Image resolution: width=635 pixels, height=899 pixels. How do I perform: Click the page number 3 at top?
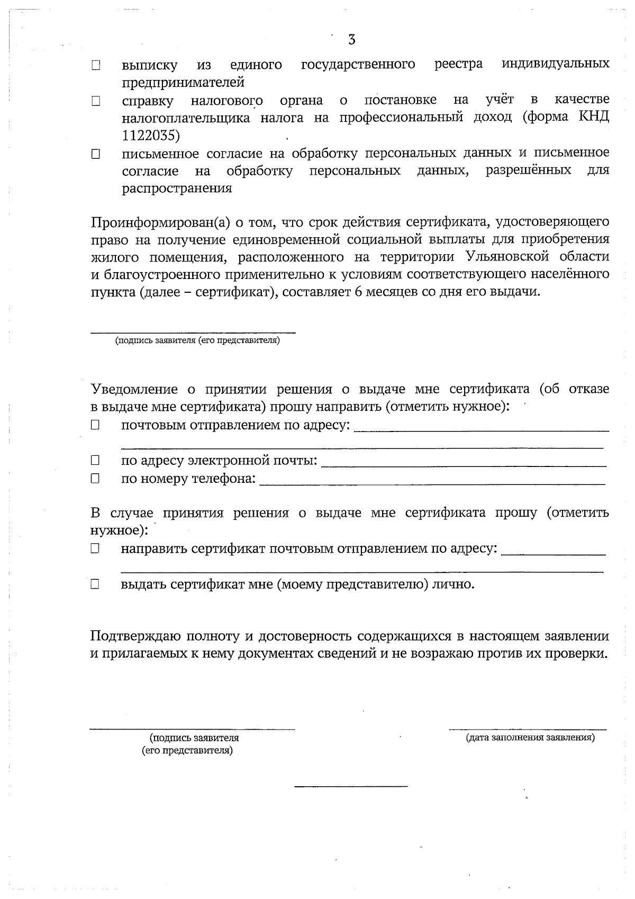pos(352,40)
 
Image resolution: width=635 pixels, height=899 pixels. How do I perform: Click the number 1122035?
pos(151,136)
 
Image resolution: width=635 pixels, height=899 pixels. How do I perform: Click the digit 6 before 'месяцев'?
pos(354,292)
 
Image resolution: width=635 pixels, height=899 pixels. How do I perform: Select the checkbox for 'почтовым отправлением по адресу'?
pos(95,425)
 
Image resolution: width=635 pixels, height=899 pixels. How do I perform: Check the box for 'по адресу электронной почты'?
pos(95,461)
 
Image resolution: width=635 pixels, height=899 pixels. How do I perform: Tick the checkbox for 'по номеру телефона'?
pos(95,479)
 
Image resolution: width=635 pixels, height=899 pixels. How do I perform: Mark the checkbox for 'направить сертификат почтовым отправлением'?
pos(95,550)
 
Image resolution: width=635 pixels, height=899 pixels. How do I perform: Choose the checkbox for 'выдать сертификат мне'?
pos(95,585)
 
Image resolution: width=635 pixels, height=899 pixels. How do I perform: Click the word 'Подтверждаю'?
pos(136,636)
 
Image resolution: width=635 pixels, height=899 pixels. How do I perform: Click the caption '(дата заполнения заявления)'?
pos(530,738)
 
